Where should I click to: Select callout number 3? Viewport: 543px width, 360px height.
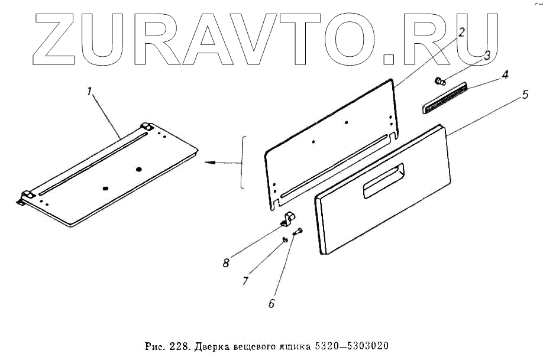(487, 56)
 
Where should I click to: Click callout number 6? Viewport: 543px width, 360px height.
(271, 304)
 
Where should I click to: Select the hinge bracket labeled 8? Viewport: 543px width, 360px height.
(287, 219)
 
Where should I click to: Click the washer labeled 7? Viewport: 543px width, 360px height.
(285, 239)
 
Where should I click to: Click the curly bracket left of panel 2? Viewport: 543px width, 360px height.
(243, 162)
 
